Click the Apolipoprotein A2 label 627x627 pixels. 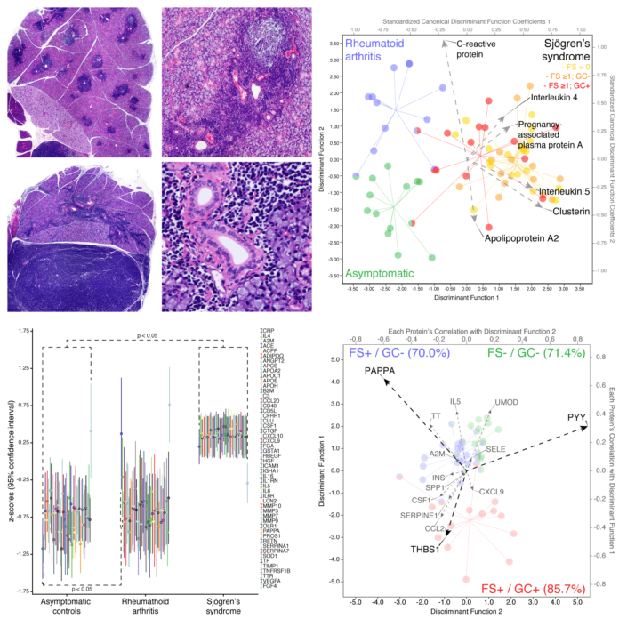[x=523, y=238]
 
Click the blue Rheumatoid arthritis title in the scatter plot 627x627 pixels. [x=372, y=50]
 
